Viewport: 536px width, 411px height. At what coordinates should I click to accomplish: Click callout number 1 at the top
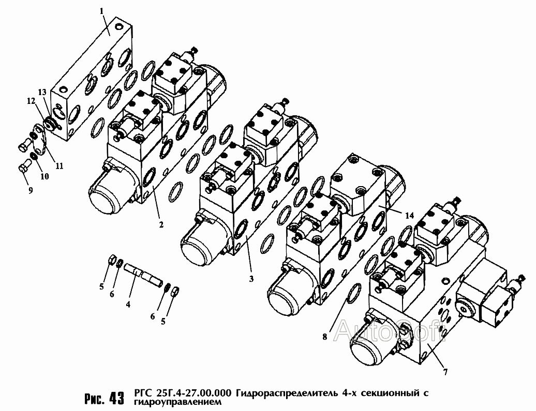(102, 10)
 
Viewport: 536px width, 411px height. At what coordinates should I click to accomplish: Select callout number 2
(161, 224)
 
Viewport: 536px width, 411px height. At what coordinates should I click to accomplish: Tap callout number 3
(250, 279)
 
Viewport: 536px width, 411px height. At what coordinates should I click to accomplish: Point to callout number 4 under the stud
(128, 305)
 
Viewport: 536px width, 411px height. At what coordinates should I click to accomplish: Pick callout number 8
(324, 337)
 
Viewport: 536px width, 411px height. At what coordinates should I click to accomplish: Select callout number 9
(31, 190)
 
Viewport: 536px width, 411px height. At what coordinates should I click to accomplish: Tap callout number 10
(44, 176)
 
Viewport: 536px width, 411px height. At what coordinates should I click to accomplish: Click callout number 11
(59, 166)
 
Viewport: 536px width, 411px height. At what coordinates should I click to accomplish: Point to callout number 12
(31, 102)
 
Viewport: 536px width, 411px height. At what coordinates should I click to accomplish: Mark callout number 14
(410, 216)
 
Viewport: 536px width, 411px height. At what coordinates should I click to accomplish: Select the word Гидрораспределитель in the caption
(287, 393)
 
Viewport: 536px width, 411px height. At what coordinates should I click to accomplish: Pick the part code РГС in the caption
(143, 393)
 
